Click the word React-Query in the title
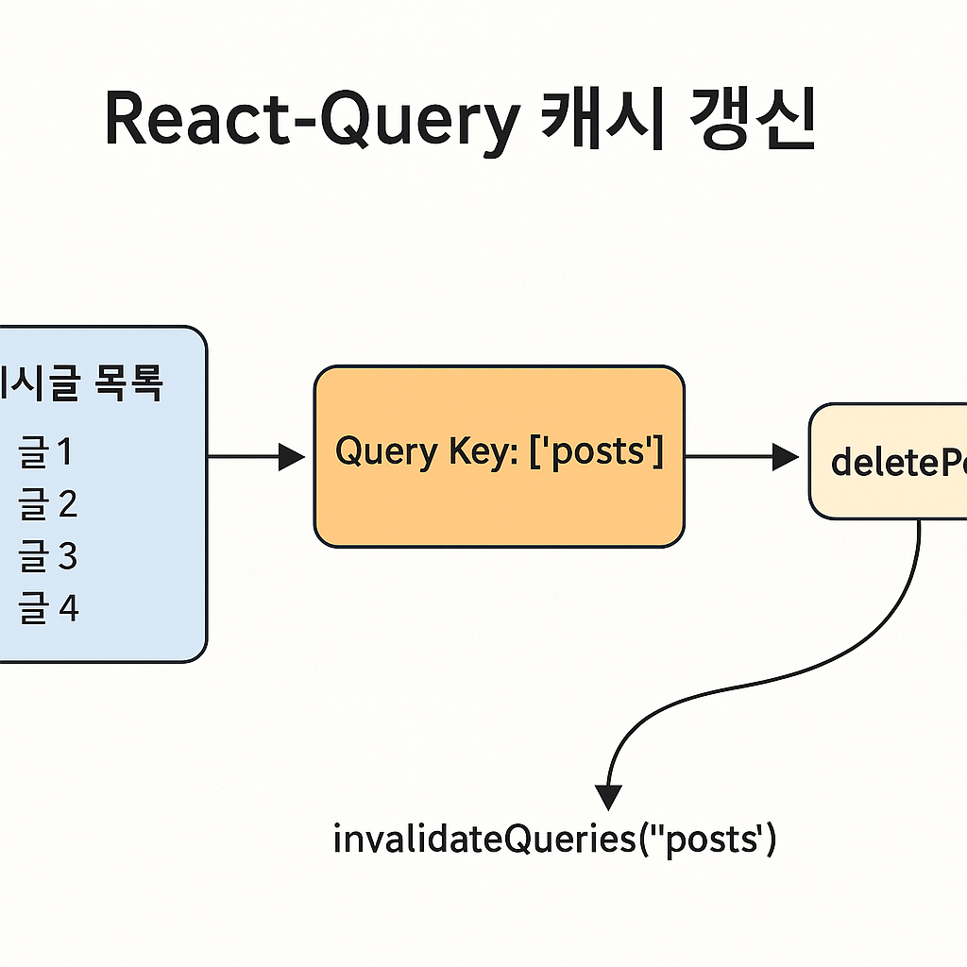(x=312, y=121)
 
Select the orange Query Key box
(x=499, y=500)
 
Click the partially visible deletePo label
(x=897, y=462)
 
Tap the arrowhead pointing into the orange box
(x=292, y=458)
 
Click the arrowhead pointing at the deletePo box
(x=785, y=458)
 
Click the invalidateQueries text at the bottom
(x=555, y=839)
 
